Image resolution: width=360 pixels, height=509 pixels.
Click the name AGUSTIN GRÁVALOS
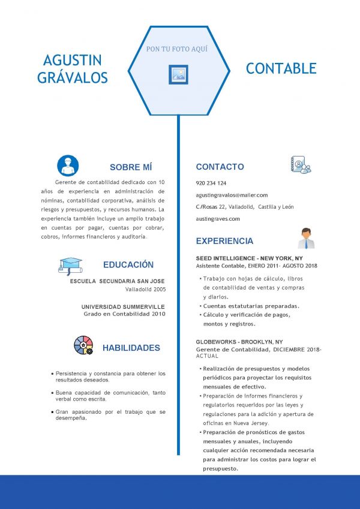click(73, 68)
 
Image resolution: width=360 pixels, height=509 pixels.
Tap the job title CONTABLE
click(281, 68)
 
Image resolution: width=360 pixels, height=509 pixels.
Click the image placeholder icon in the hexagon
click(178, 74)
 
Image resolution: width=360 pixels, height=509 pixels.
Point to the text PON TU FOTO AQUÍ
click(177, 49)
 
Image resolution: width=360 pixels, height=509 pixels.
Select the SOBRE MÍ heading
click(131, 167)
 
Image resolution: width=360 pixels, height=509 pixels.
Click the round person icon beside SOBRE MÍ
click(68, 165)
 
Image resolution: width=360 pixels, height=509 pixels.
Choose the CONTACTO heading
click(220, 167)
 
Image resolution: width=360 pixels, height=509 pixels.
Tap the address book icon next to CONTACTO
click(301, 165)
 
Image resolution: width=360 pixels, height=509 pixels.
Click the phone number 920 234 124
click(211, 183)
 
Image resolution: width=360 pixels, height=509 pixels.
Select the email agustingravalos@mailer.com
click(232, 195)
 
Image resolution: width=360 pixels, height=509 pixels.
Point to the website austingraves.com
click(218, 219)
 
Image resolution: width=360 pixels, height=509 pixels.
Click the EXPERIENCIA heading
click(224, 241)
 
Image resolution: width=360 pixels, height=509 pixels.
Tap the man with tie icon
click(306, 238)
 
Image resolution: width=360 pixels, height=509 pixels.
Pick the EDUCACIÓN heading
click(128, 264)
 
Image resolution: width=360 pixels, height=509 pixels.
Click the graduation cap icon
click(70, 265)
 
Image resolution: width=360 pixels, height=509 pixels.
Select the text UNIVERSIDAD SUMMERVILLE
click(123, 306)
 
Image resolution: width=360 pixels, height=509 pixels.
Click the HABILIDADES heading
click(131, 348)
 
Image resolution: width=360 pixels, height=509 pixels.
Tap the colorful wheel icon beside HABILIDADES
click(83, 345)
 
